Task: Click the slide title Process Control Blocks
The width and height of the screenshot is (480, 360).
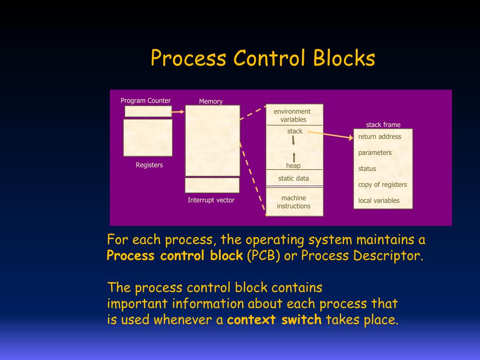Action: point(263,59)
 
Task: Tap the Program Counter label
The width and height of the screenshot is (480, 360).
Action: point(145,100)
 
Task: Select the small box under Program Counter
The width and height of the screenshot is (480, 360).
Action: point(148,111)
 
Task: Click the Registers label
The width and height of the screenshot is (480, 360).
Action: point(149,165)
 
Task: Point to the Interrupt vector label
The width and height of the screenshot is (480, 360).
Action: point(211,200)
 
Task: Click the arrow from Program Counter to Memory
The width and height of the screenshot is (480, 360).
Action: point(178,112)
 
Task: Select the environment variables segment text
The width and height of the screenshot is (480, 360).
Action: point(292,115)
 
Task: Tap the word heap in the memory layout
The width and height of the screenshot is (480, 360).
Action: point(293,165)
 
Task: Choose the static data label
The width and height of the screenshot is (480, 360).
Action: point(293,178)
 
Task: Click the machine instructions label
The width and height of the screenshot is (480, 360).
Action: point(293,202)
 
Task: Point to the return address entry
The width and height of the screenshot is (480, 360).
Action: point(380,136)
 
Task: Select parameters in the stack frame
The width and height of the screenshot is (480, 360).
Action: point(375,152)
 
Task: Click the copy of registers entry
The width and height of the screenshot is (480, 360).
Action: point(382,184)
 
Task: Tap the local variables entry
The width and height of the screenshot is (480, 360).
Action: point(379,200)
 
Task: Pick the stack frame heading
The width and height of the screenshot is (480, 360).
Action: point(383,125)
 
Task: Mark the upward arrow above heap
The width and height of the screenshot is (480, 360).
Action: point(294,157)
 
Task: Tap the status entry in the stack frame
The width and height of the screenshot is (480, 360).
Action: point(367,168)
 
